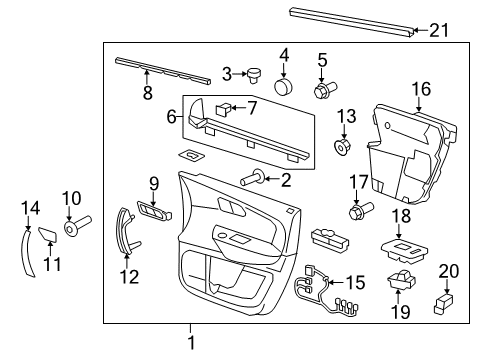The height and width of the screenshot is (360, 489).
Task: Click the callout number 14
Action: pos(30,207)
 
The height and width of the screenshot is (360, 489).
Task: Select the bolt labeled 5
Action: pos(322,92)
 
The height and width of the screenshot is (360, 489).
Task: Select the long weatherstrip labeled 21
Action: pos(350,20)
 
